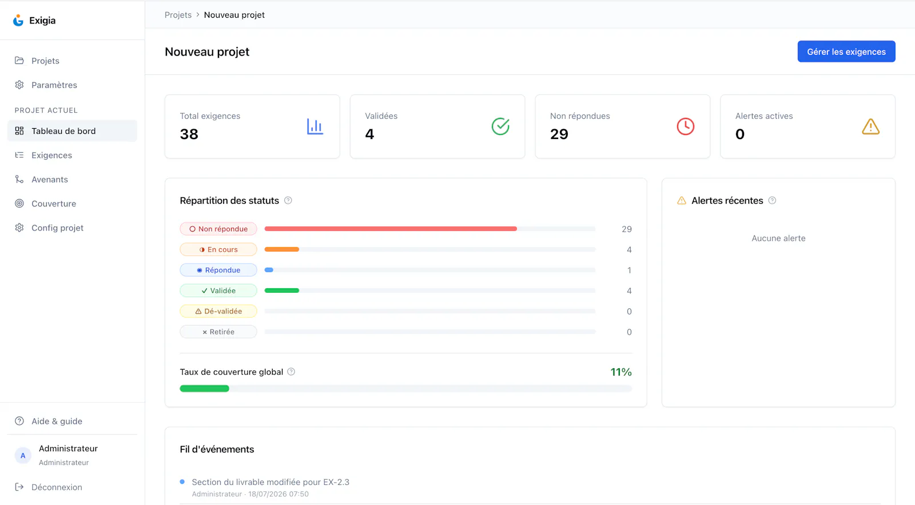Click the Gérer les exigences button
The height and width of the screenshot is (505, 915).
click(x=846, y=51)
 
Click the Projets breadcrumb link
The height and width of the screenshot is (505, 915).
click(x=178, y=15)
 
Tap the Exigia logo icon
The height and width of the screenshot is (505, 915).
click(x=18, y=20)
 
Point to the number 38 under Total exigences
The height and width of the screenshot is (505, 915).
click(x=189, y=134)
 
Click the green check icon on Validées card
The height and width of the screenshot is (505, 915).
click(x=500, y=126)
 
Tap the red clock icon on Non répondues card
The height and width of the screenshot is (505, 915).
click(x=686, y=126)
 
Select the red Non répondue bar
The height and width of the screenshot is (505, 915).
click(x=391, y=229)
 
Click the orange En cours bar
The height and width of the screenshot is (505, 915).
click(x=282, y=249)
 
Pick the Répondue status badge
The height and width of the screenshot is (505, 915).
click(x=218, y=270)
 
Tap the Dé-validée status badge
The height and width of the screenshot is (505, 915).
click(x=218, y=311)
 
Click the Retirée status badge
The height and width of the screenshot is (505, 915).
click(x=218, y=332)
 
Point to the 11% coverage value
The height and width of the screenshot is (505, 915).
click(x=621, y=372)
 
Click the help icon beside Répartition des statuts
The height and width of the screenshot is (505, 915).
click(x=288, y=201)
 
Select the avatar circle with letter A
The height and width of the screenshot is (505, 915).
click(x=23, y=455)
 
